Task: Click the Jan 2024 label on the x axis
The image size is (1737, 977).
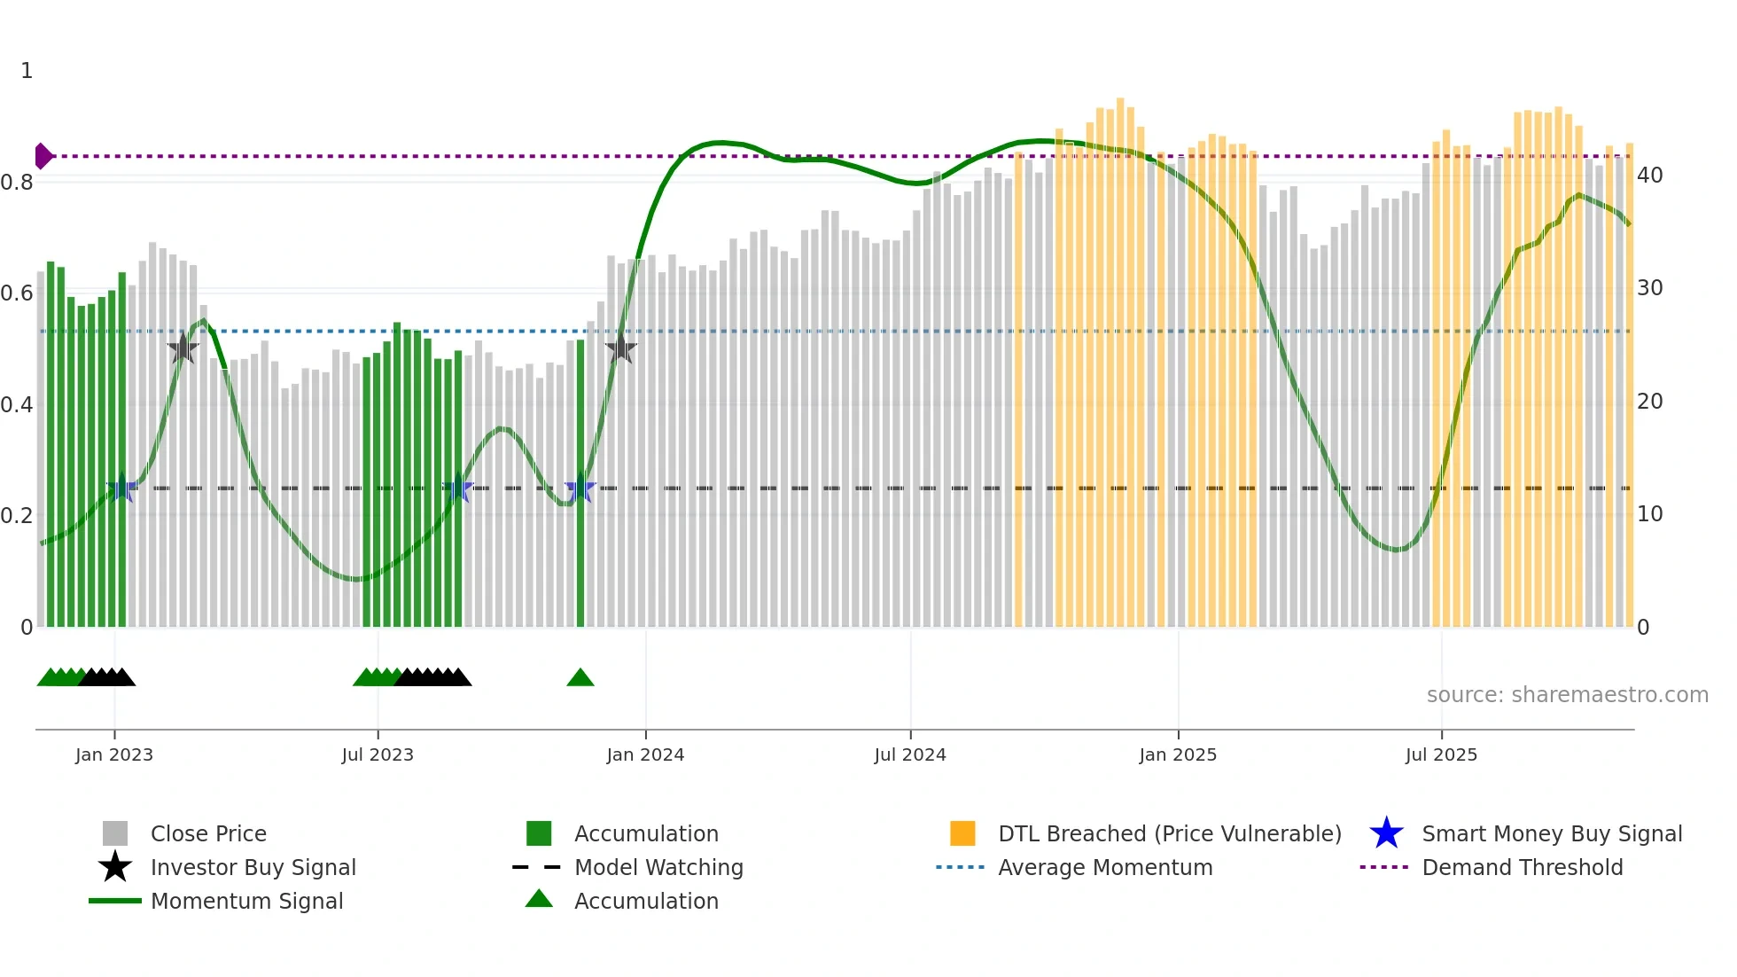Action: click(645, 754)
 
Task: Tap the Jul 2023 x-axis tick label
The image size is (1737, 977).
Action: click(378, 754)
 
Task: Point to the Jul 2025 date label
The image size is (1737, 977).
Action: click(1441, 754)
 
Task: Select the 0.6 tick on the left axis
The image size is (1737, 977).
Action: click(17, 293)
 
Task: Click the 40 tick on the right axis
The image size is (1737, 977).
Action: click(1650, 176)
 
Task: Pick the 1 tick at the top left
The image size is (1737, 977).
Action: click(27, 71)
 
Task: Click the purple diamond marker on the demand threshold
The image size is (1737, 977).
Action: click(43, 156)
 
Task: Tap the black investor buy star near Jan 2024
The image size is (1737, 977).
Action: click(621, 348)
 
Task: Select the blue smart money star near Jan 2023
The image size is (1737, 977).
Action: click(121, 488)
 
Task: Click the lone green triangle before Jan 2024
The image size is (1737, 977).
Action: click(580, 678)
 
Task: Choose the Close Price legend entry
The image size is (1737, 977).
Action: click(208, 833)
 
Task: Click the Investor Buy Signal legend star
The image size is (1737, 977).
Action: click(115, 867)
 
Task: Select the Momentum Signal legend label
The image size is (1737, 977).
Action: click(246, 901)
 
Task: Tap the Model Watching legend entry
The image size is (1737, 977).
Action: click(658, 867)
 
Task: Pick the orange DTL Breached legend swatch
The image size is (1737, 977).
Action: click(962, 833)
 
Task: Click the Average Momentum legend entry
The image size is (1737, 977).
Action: click(1105, 867)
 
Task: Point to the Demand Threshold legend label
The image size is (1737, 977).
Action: click(1522, 867)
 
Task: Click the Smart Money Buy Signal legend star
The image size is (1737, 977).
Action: click(1386, 833)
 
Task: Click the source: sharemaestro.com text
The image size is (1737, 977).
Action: click(1567, 695)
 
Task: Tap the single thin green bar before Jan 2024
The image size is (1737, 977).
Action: click(580, 483)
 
